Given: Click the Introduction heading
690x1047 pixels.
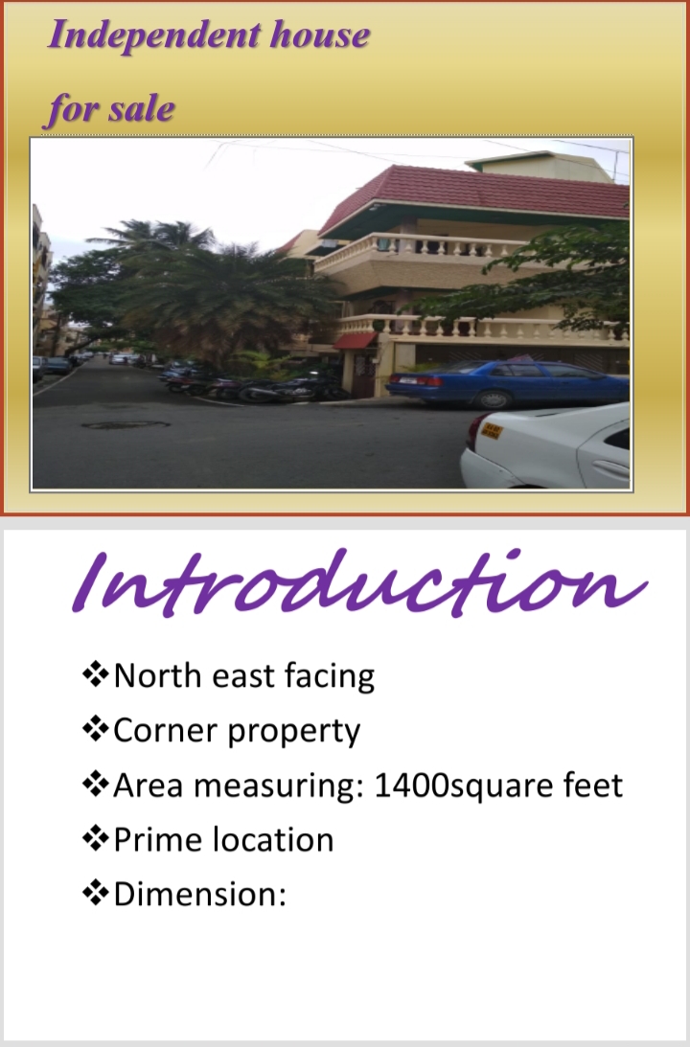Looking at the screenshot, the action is pyautogui.click(x=359, y=582).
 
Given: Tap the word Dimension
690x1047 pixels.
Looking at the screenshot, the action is pyautogui.click(x=199, y=895).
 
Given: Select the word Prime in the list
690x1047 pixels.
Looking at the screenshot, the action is pyautogui.click(x=153, y=840).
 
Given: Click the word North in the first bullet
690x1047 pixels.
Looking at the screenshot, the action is pyautogui.click(x=157, y=675).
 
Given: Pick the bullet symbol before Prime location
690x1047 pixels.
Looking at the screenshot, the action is pyautogui.click(x=95, y=839).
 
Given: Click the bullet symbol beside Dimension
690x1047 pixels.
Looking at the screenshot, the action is pyautogui.click(x=95, y=894).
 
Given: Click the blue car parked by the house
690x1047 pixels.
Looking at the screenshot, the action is pyautogui.click(x=508, y=384).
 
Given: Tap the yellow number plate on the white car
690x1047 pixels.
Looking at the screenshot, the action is pyautogui.click(x=492, y=431).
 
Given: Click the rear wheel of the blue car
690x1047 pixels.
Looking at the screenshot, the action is pyautogui.click(x=493, y=399).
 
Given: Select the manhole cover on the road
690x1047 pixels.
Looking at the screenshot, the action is pyautogui.click(x=126, y=424).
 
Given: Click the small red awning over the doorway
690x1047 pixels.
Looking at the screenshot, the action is pyautogui.click(x=355, y=341).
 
